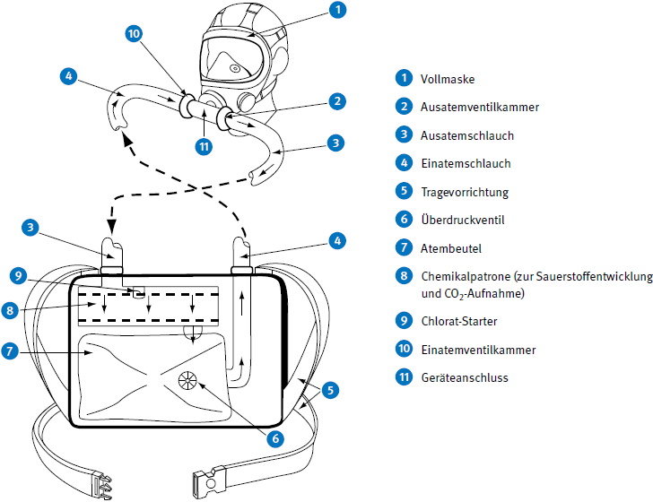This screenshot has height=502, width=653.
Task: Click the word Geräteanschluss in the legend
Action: [464, 377]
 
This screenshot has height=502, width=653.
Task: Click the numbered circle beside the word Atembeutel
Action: [404, 247]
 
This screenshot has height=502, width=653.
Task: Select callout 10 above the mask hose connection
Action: [134, 35]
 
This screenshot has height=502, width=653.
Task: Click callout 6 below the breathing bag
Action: [275, 438]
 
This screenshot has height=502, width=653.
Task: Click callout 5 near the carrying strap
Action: [331, 390]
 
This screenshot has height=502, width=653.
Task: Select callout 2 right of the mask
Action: [336, 101]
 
